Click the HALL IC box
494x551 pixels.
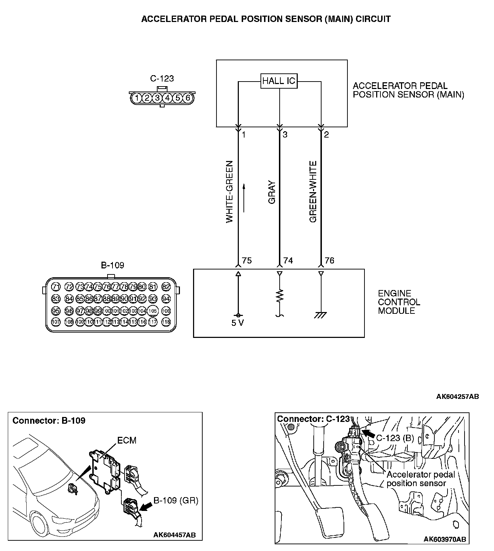pos(279,81)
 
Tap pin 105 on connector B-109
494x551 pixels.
pos(153,311)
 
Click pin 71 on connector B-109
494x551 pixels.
pos(56,286)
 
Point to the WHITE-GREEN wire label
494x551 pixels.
pos(230,192)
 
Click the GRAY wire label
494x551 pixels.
pos(272,193)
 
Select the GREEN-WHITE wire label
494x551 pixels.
pos(313,192)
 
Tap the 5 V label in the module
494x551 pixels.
pos(238,323)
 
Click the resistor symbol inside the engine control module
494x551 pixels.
pos(280,295)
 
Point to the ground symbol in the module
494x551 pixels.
pos(321,315)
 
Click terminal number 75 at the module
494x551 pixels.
pos(247,261)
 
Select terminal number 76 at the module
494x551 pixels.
pos(329,261)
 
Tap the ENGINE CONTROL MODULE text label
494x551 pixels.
pos(399,302)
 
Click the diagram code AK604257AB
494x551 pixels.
pos(457,396)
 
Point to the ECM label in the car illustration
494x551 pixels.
pos(127,440)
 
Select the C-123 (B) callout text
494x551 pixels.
pos(395,438)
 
